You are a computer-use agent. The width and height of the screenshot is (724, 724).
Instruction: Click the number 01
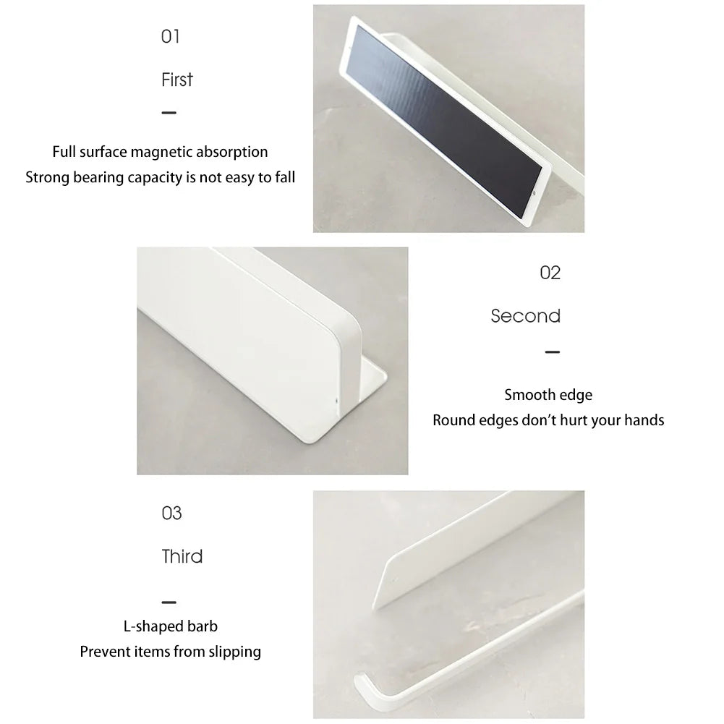point(170,36)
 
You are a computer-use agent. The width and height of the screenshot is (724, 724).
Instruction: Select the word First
point(177,80)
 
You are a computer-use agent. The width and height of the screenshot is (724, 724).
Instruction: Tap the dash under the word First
point(169,113)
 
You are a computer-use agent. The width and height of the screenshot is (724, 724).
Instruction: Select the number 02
point(550,273)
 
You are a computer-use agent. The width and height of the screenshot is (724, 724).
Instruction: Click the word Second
point(526,316)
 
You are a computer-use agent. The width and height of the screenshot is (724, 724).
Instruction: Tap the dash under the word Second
point(552,352)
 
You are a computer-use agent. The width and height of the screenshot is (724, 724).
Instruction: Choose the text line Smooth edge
point(548,395)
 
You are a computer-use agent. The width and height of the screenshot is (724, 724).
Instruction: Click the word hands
point(643,420)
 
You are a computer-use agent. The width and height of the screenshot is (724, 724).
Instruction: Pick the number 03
point(171,514)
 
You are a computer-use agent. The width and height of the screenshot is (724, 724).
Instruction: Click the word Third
point(182,557)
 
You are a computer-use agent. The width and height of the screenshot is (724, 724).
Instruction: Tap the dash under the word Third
point(169,602)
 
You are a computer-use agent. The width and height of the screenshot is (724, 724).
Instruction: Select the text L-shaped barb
point(171,626)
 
